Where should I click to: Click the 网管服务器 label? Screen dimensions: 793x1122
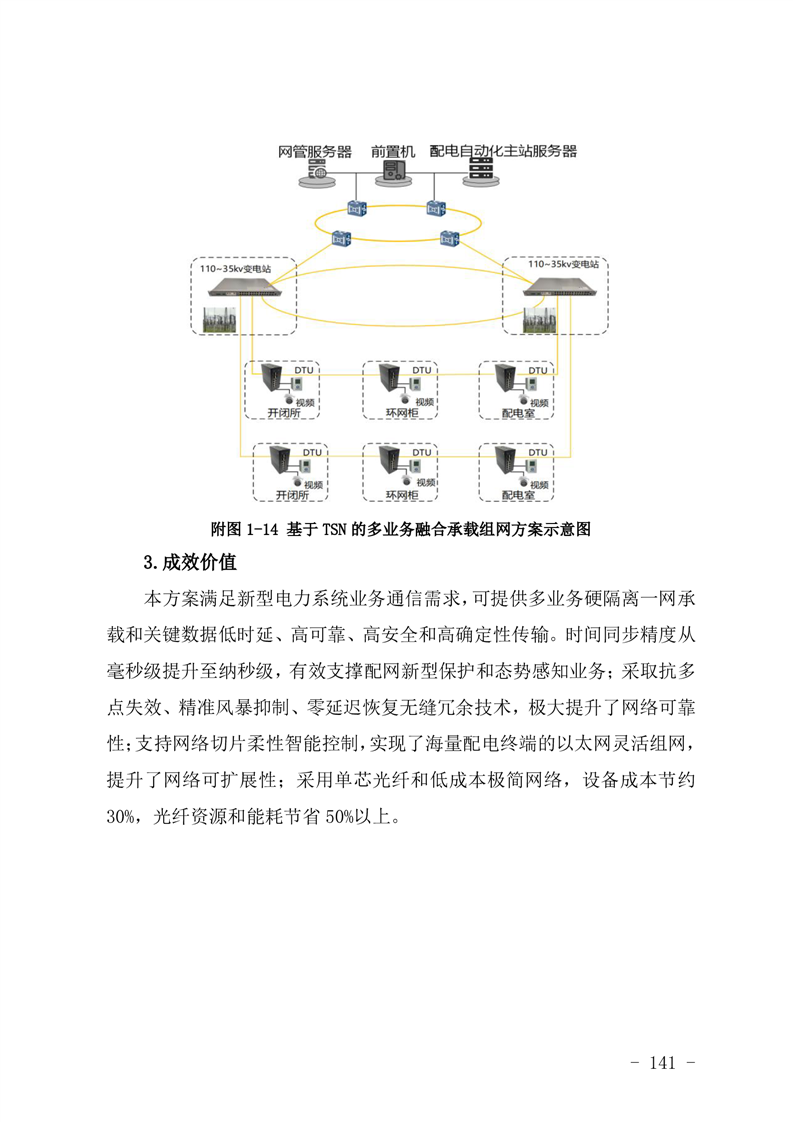coord(315,152)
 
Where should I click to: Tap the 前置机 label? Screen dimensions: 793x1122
coord(393,152)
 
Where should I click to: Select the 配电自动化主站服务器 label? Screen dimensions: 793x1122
coord(503,151)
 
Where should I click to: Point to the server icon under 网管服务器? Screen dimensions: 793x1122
coord(316,172)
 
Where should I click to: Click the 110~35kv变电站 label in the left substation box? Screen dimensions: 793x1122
coord(235,269)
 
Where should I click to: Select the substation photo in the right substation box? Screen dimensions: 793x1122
coord(540,321)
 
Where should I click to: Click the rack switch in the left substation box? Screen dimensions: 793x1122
coord(251,288)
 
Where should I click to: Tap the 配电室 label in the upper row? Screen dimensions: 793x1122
coord(518,413)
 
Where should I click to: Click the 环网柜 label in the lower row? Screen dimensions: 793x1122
coord(402,495)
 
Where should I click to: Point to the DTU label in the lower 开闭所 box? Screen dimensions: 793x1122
coord(312,452)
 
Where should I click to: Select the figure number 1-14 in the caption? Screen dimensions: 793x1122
coord(261,530)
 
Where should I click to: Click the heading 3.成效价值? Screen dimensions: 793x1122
coord(190,562)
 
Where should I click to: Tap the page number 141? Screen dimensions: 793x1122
coord(662,1063)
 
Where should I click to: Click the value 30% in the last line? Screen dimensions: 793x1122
coord(119,816)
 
